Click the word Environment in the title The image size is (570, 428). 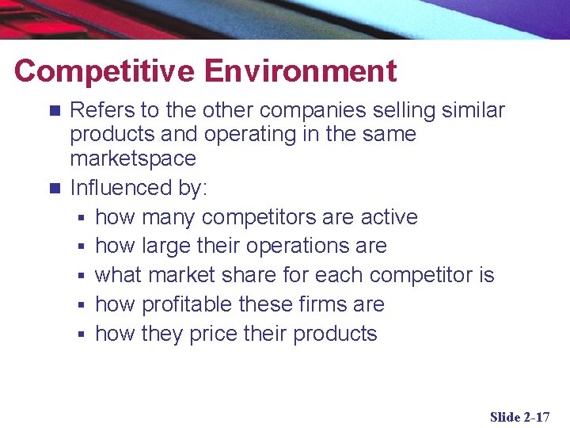pyautogui.click(x=301, y=71)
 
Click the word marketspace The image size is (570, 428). pyautogui.click(x=133, y=159)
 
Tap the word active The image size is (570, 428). pyautogui.click(x=389, y=217)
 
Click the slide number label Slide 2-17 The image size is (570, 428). pyautogui.click(x=519, y=417)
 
